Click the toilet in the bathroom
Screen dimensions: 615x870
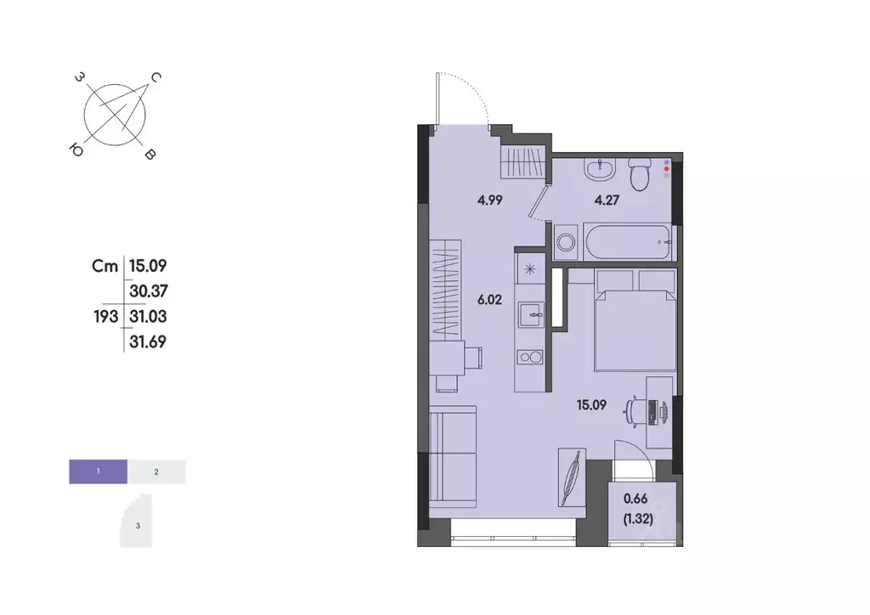(639, 174)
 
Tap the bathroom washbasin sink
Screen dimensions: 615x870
(600, 168)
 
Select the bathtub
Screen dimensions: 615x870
(627, 244)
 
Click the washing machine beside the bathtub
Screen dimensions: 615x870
(565, 245)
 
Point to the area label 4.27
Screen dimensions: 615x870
(606, 202)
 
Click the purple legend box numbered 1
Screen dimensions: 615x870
(99, 471)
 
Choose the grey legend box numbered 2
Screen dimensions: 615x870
(157, 471)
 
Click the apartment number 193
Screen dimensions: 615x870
(106, 316)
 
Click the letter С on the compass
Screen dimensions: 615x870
(156, 77)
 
